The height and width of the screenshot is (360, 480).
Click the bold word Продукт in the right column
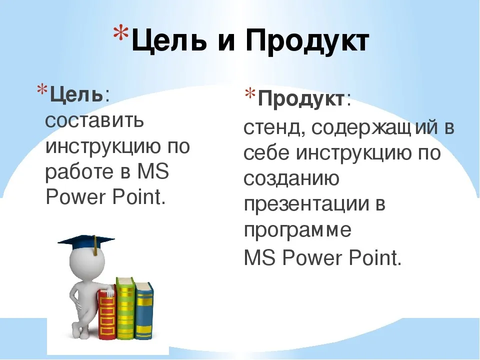pyautogui.click(x=301, y=99)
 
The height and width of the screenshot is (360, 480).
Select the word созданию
pyautogui.click(x=291, y=178)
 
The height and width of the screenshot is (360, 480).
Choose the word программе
pyautogui.click(x=297, y=230)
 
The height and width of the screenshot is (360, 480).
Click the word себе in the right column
pyautogui.click(x=266, y=152)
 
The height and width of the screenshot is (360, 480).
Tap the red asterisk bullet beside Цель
pyautogui.click(x=42, y=89)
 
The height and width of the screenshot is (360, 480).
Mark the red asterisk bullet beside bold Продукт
pyautogui.click(x=250, y=93)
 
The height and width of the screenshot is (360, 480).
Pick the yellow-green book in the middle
pyautogui.click(x=125, y=307)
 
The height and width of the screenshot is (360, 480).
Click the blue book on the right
pyautogui.click(x=144, y=310)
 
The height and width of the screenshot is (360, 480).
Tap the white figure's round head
pyautogui.click(x=87, y=261)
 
